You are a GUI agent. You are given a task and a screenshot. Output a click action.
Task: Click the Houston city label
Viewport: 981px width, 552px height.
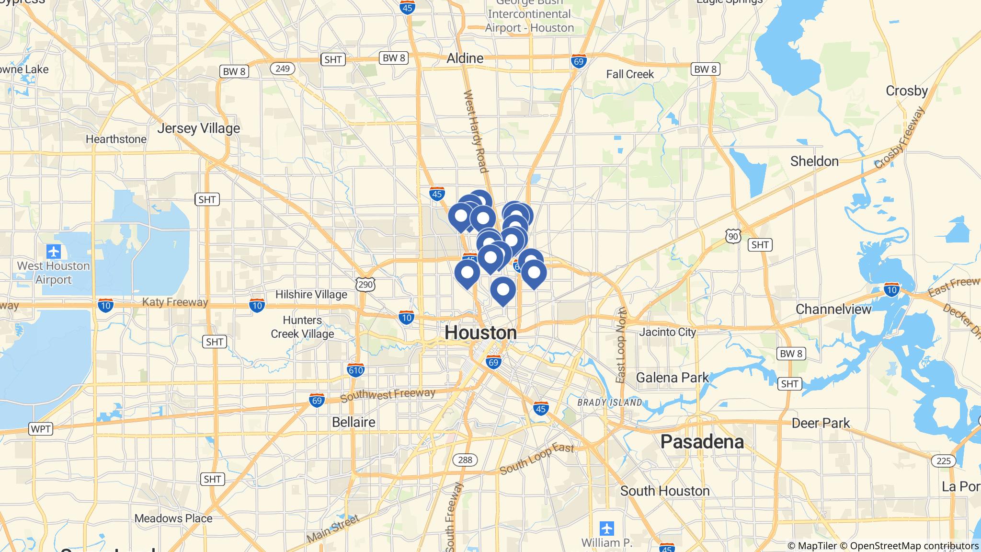pyautogui.click(x=480, y=333)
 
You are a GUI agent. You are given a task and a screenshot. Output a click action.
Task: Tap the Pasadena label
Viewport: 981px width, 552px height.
pyautogui.click(x=702, y=442)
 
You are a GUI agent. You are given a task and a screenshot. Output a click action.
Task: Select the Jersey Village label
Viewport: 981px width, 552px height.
pyautogui.click(x=198, y=128)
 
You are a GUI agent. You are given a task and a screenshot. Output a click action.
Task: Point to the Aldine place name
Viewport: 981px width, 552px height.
pyautogui.click(x=465, y=58)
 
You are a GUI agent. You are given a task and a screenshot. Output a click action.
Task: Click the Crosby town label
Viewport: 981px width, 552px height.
pyautogui.click(x=906, y=91)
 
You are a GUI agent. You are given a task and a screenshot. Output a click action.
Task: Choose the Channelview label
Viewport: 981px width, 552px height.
pyautogui.click(x=833, y=309)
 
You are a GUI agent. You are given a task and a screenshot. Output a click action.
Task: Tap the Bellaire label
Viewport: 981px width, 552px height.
pyautogui.click(x=354, y=422)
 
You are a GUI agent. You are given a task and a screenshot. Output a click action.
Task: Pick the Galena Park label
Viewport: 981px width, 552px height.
pyautogui.click(x=672, y=378)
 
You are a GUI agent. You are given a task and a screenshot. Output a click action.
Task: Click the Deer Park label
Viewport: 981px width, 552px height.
pyautogui.click(x=821, y=423)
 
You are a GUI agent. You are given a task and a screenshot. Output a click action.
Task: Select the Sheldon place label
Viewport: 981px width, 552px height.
pyautogui.click(x=814, y=161)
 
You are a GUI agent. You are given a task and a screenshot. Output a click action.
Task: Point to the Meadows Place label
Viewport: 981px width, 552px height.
pyautogui.click(x=173, y=518)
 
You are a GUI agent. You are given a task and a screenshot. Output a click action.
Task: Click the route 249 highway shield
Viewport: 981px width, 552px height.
pyautogui.click(x=282, y=69)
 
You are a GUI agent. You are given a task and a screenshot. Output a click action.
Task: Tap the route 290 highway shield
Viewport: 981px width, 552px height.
pyautogui.click(x=365, y=285)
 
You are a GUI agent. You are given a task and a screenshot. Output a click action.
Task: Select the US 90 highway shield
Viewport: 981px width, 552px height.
pyautogui.click(x=733, y=236)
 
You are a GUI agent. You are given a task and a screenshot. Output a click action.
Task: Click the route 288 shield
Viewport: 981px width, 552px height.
pyautogui.click(x=465, y=460)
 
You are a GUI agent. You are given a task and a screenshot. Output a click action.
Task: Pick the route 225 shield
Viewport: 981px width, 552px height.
pyautogui.click(x=943, y=460)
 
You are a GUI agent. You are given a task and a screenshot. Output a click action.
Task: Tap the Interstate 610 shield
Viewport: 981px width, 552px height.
pyautogui.click(x=355, y=370)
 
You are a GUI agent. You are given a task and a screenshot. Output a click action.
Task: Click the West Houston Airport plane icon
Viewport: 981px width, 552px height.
pyautogui.click(x=53, y=251)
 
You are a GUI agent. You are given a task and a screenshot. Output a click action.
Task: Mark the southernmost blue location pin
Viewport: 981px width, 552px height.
pyautogui.click(x=503, y=290)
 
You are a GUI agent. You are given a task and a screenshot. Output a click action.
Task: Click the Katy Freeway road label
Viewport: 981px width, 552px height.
pyautogui.click(x=175, y=302)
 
